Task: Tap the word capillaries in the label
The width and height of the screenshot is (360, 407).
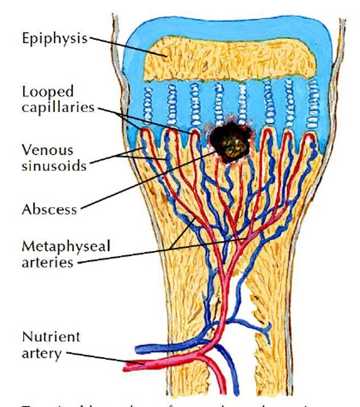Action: point(58,108)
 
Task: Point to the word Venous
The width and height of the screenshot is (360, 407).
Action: point(45,148)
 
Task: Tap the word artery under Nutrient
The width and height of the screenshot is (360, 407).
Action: point(41,354)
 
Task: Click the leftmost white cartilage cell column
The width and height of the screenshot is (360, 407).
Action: point(146,104)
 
